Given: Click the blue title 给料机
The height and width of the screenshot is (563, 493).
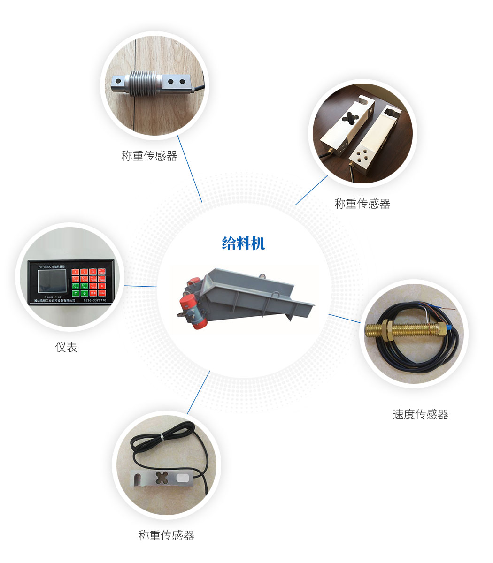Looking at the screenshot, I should click(x=243, y=243).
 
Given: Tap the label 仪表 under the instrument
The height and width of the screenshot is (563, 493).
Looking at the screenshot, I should click(x=66, y=347).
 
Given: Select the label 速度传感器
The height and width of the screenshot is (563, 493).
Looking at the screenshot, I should click(x=420, y=414).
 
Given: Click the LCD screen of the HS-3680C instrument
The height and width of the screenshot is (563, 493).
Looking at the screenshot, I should click(x=52, y=281).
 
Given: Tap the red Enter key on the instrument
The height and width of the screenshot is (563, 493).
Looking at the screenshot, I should click(x=102, y=293).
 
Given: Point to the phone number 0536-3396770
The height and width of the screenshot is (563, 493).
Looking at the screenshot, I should click(x=94, y=300).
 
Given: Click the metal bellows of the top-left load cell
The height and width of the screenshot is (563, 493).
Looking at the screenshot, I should click(x=143, y=84).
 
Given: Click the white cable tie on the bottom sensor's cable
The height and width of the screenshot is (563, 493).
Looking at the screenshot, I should click(x=161, y=437).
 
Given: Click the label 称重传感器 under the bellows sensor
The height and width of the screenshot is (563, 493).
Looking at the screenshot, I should click(x=149, y=156).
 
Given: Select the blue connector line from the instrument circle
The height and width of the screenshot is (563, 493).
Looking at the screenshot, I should click(x=140, y=286).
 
